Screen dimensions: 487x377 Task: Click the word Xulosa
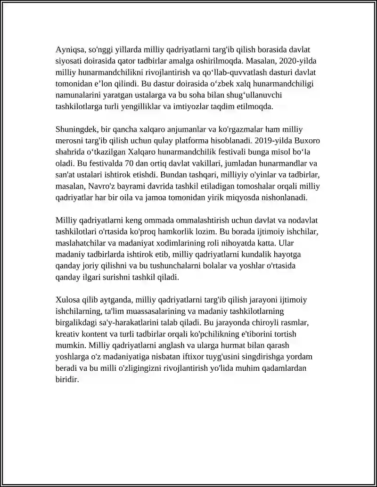pyautogui.click(x=68, y=300)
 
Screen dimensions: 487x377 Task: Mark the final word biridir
pyautogui.click(x=66, y=379)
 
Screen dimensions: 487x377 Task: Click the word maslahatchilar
pyautogui.click(x=81, y=243)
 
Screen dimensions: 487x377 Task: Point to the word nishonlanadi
pyautogui.click(x=284, y=198)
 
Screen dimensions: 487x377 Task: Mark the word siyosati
pyautogui.click(x=69, y=61)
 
